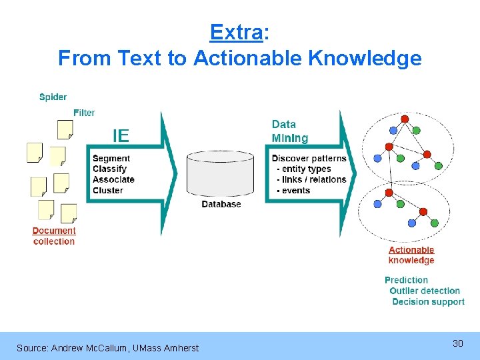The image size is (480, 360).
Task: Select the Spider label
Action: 53,97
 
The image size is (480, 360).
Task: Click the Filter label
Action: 84,113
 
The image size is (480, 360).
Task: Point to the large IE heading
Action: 121,137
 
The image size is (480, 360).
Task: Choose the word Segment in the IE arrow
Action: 111,159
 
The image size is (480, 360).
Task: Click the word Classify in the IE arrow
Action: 109,169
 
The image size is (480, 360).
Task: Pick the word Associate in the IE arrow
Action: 113,180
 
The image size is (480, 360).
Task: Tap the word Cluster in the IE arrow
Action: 108,191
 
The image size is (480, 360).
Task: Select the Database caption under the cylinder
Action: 221,204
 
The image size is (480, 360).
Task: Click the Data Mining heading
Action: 290,131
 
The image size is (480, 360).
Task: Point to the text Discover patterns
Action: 309,159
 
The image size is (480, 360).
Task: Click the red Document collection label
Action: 54,236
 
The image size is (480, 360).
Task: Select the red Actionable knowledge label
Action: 411,255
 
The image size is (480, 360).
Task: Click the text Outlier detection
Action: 425,291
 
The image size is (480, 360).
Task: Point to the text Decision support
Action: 428,302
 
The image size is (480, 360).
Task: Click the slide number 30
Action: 457,343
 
